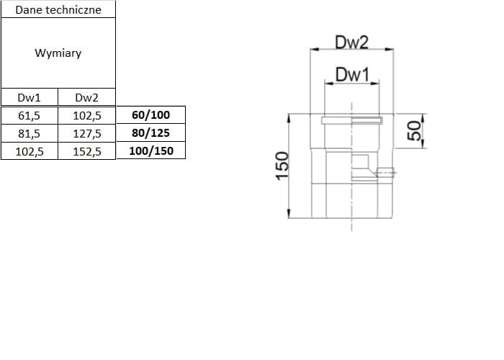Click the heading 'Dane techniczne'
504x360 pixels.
[x=58, y=9]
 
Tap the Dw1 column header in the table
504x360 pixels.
[x=29, y=98]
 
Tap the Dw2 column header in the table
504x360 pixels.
[x=86, y=98]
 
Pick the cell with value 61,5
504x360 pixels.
[x=29, y=115]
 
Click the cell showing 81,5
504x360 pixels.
[x=29, y=133]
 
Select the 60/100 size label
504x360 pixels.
[x=151, y=115]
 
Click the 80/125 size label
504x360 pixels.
[x=151, y=133]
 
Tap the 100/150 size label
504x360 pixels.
[x=151, y=151]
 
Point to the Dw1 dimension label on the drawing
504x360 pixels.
[x=352, y=73]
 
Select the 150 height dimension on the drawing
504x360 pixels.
[x=282, y=165]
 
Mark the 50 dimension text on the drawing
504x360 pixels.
[x=414, y=130]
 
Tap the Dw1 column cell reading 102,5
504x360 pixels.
[x=29, y=151]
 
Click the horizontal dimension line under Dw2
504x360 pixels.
[x=352, y=50]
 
